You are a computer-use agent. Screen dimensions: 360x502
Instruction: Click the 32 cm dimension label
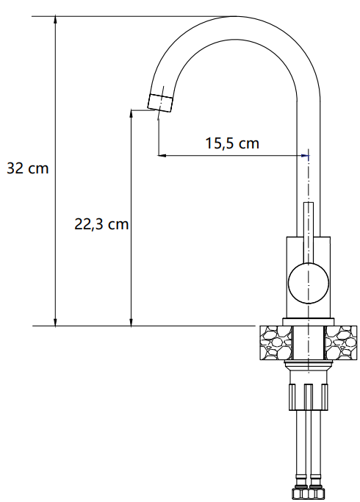click(x=27, y=168)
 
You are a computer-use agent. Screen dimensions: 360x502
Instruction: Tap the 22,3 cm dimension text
click(x=101, y=223)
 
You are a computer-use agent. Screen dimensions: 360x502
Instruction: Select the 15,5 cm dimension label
click(x=232, y=143)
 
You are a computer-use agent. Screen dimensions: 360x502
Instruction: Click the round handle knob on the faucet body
click(x=309, y=283)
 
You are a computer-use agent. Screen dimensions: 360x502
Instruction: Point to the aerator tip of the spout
click(x=160, y=103)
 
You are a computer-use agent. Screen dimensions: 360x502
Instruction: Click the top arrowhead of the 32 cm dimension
click(x=55, y=20)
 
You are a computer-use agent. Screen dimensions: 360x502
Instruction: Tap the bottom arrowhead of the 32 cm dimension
click(x=55, y=322)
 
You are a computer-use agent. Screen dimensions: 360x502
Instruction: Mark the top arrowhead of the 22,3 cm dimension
click(x=131, y=114)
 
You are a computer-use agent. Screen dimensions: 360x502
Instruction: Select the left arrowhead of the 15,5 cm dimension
click(x=162, y=156)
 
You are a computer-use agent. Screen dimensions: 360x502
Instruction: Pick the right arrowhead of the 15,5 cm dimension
click(x=306, y=156)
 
